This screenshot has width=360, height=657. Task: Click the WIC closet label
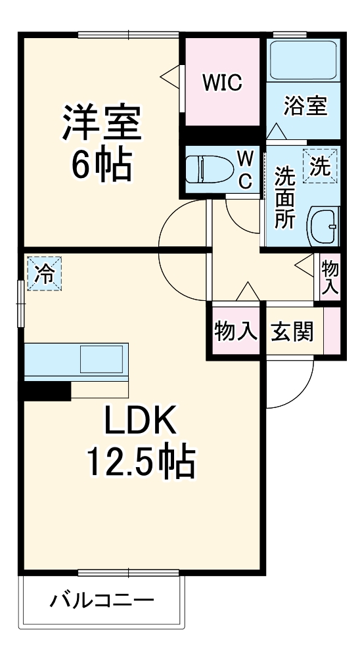click(x=222, y=83)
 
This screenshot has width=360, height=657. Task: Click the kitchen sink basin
click(x=101, y=360)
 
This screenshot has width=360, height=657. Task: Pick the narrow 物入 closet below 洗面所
click(x=330, y=277)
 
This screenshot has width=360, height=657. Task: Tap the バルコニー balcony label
click(x=102, y=600)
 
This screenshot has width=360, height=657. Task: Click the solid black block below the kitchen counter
click(x=48, y=391)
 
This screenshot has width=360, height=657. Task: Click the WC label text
click(x=244, y=170)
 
